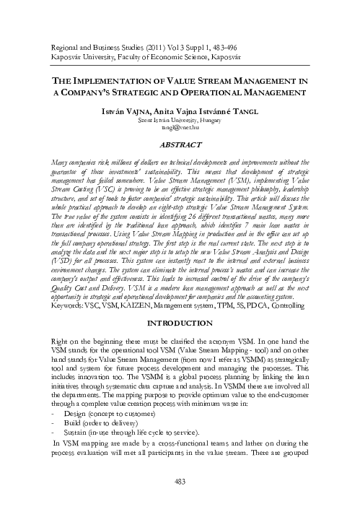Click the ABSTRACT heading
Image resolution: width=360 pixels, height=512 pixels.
(179, 145)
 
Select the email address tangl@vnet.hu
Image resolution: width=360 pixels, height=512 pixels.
(179, 131)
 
